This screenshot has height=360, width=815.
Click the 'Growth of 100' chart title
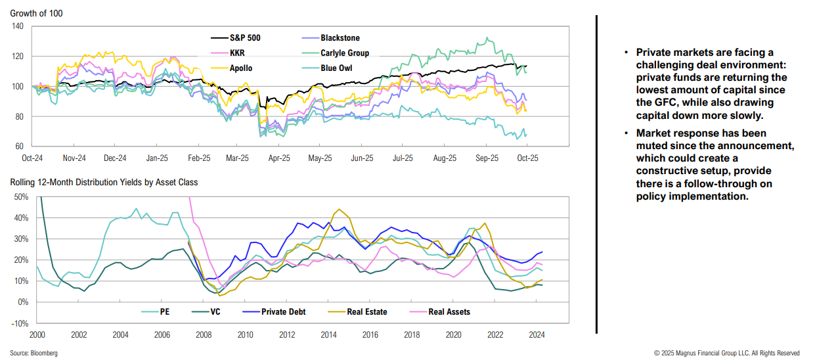point(37,13)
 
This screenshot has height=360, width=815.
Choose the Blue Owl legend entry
point(338,68)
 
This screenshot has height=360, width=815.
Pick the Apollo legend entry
point(240,68)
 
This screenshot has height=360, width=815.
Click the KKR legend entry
point(237,53)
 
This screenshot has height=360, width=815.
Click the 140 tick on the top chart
point(17,26)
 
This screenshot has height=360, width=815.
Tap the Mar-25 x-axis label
point(237,158)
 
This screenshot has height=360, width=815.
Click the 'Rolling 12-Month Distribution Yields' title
point(104,182)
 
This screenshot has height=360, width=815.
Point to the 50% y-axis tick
point(18,197)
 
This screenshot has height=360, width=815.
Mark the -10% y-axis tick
point(18,323)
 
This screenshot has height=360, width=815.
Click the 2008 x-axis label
point(203,334)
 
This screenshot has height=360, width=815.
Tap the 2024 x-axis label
point(535,334)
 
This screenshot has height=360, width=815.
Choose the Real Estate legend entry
point(365,312)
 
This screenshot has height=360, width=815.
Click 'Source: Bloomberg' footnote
point(34,353)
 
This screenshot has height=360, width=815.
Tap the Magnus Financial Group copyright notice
point(727,353)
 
